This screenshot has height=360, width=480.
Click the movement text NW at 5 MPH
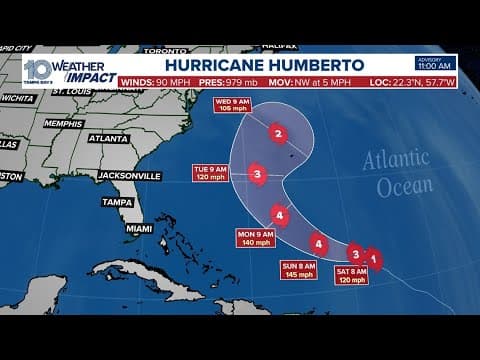click(320, 81)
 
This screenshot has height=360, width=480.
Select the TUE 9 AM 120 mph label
click(210, 173)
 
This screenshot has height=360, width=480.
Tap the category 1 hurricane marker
click(373, 259)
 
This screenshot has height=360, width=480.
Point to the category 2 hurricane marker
click(278, 133)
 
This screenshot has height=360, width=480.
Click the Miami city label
click(140, 228)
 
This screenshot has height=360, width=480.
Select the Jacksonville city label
click(130, 176)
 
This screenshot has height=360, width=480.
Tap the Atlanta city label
click(108, 139)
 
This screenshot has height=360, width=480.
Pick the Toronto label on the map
click(165, 50)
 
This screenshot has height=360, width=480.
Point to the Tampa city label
click(117, 202)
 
